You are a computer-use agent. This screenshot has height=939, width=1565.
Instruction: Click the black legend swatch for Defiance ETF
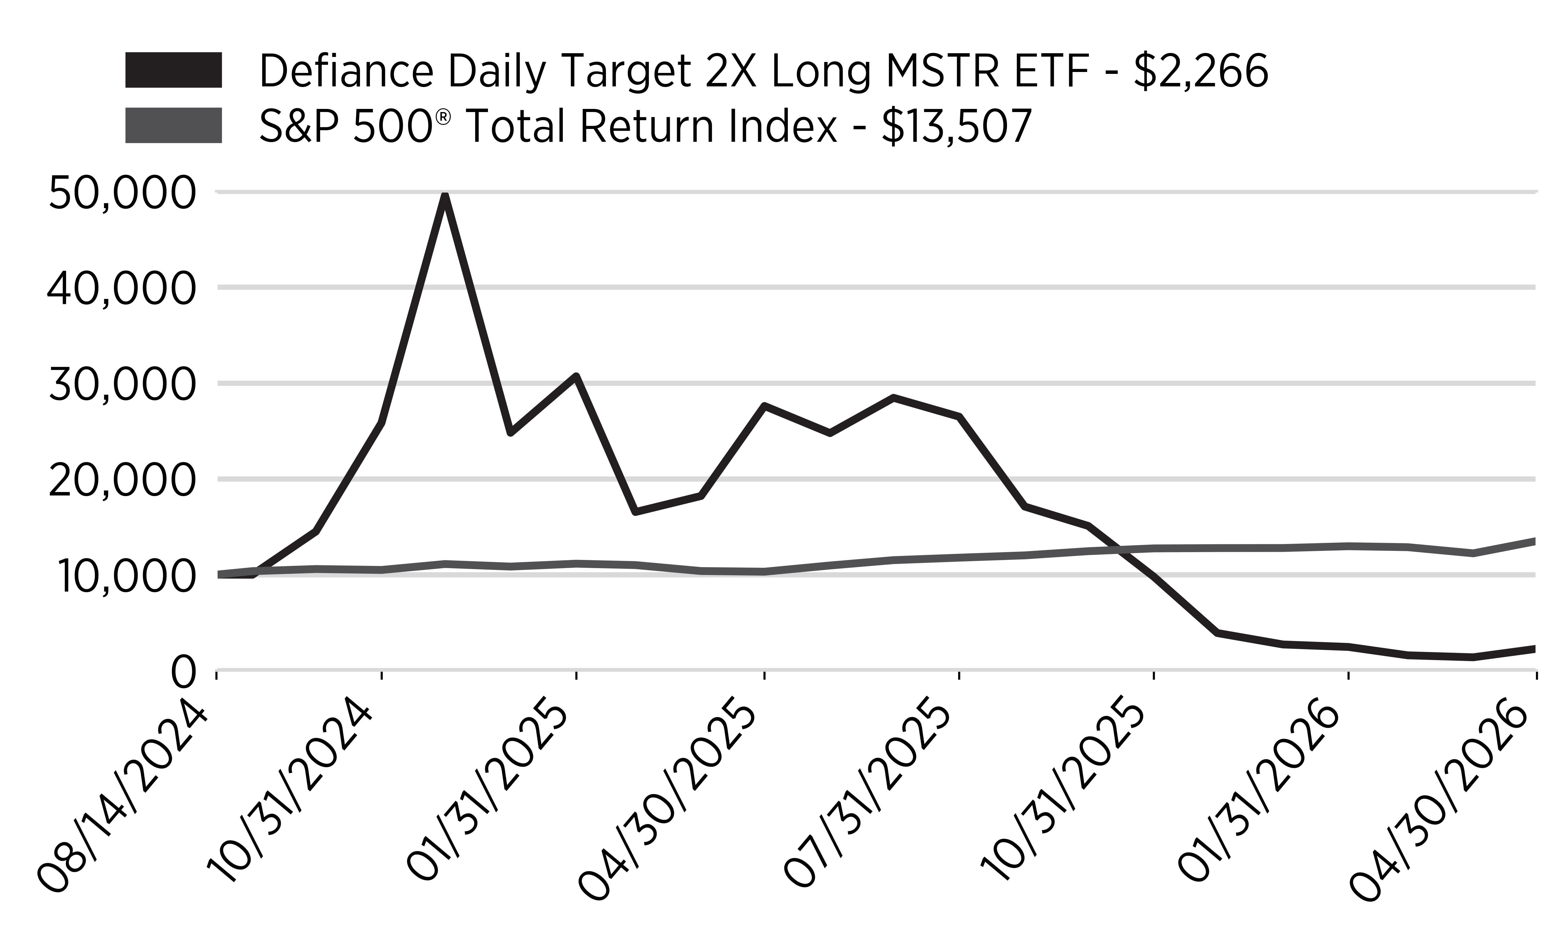pyautogui.click(x=173, y=69)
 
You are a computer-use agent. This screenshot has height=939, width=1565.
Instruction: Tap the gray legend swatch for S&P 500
pyautogui.click(x=173, y=125)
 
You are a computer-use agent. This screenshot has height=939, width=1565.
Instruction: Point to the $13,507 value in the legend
pyautogui.click(x=957, y=126)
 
